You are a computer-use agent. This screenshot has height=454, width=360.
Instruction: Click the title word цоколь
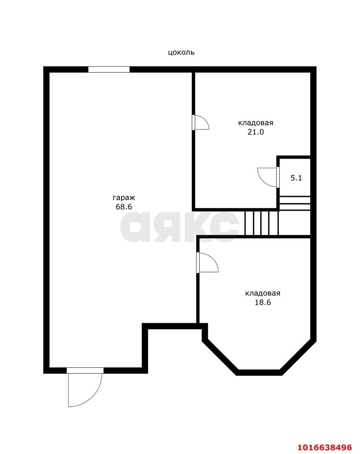coord(181,52)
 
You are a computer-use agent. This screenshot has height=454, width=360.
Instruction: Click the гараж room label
coord(124,198)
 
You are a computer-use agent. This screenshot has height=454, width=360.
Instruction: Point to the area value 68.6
coord(124,207)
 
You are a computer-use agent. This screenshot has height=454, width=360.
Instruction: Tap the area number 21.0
coord(255,132)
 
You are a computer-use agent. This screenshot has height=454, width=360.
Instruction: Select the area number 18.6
coord(263,303)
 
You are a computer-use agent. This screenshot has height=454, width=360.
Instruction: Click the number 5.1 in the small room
coord(296,178)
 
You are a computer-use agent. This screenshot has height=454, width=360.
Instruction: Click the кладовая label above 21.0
coord(255,123)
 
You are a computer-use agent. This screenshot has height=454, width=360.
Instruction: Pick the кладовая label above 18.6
coord(263,293)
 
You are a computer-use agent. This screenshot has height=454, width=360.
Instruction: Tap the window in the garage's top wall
coord(109,70)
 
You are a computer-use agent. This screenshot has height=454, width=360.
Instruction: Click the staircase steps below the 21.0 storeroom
coord(262,223)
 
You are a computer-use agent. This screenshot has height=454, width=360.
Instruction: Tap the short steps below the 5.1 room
coord(295,203)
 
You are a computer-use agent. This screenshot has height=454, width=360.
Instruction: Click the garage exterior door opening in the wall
coord(85,370)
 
